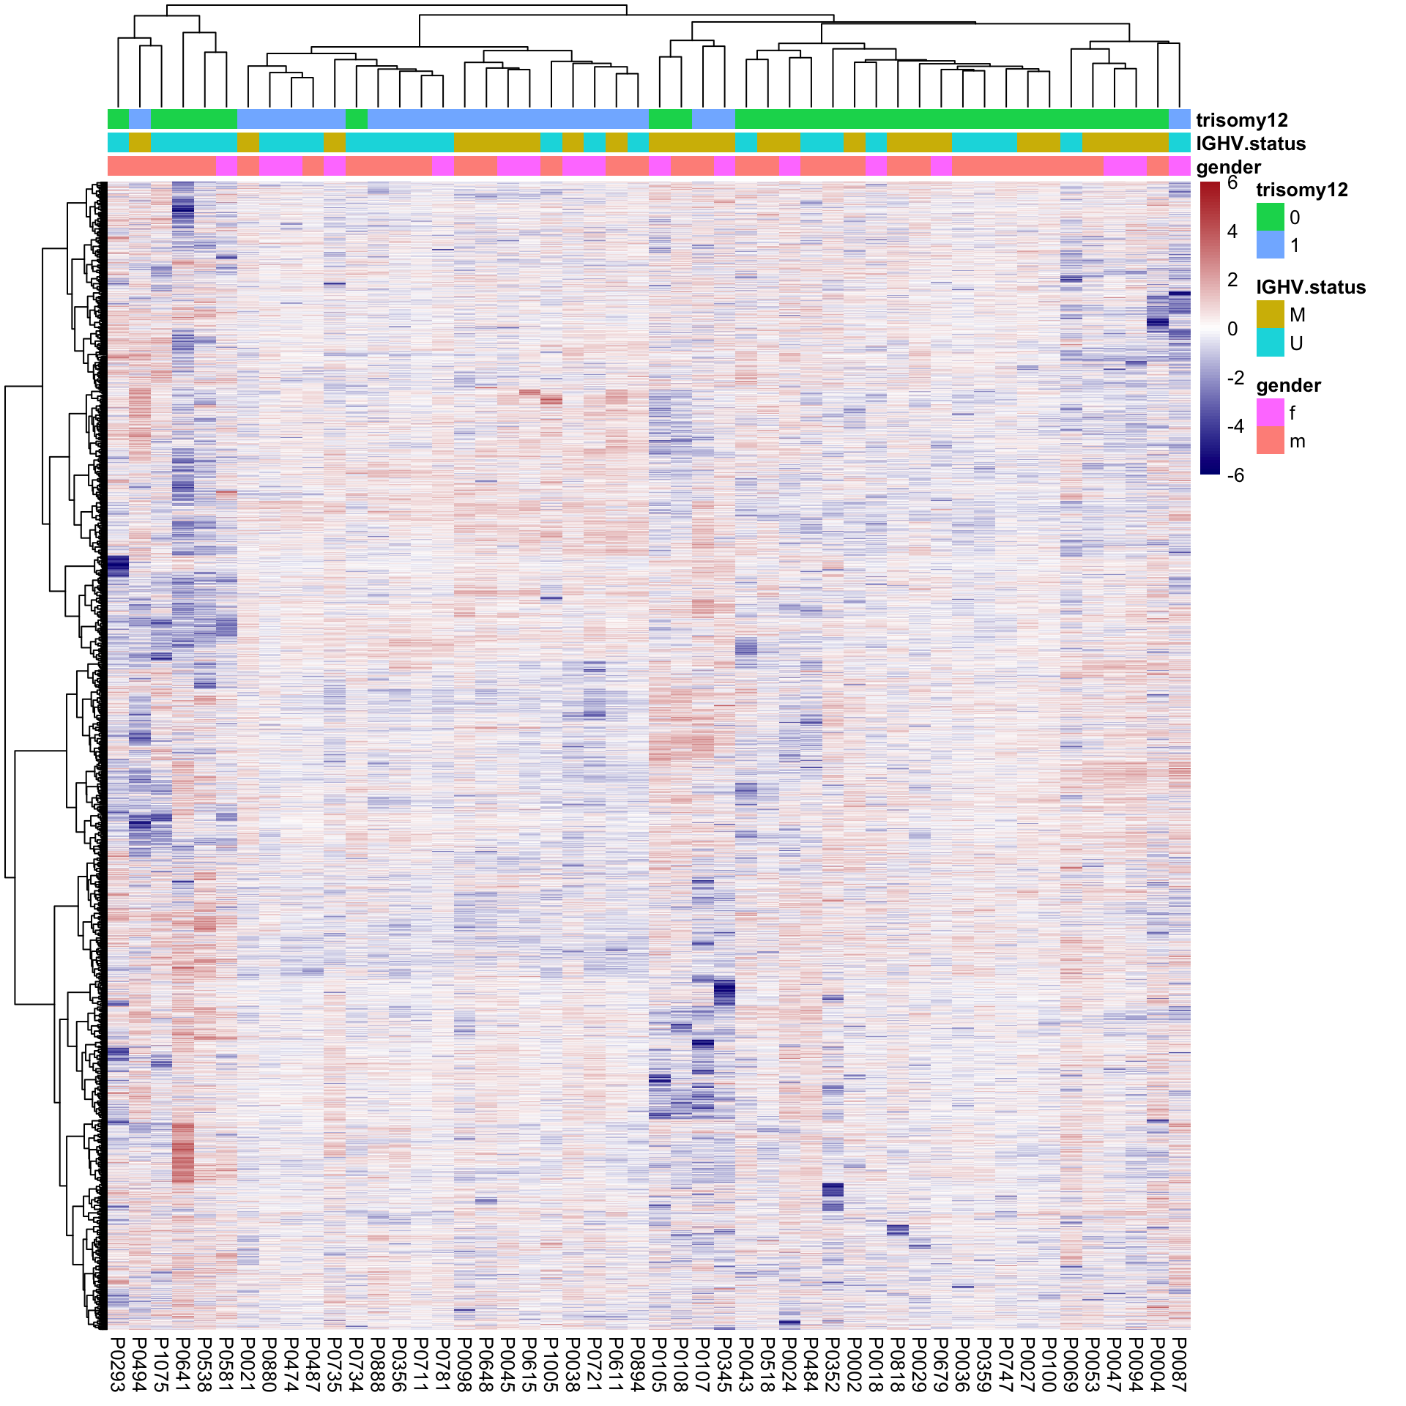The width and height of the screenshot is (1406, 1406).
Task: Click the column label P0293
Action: (118, 1363)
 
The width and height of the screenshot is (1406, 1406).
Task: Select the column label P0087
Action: (1179, 1363)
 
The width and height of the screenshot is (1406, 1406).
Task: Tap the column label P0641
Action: (183, 1363)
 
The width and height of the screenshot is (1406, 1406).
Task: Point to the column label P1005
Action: (551, 1363)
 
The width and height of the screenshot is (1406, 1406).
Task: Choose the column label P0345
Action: (724, 1363)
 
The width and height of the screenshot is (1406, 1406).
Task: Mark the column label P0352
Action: (833, 1363)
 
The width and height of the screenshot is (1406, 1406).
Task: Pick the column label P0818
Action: (898, 1363)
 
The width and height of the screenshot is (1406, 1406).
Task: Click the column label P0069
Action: (1071, 1363)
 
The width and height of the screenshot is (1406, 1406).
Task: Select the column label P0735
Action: (335, 1363)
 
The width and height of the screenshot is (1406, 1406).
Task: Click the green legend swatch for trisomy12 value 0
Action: (1270, 217)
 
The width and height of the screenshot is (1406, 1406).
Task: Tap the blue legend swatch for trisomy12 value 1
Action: (1270, 245)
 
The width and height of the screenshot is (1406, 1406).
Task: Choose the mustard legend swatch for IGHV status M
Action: (1270, 315)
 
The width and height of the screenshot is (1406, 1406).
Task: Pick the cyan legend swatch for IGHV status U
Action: (1270, 343)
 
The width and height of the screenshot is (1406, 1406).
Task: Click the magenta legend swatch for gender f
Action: (1270, 413)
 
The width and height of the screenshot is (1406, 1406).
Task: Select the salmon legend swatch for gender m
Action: (1270, 441)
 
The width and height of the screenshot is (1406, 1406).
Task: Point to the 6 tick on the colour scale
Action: (1232, 183)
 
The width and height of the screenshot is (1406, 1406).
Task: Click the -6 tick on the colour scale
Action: (1235, 475)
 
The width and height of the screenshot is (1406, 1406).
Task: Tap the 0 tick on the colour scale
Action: (1232, 329)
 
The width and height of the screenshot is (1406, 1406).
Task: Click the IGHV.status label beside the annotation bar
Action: (1250, 144)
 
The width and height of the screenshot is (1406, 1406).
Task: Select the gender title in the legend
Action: (1288, 385)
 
